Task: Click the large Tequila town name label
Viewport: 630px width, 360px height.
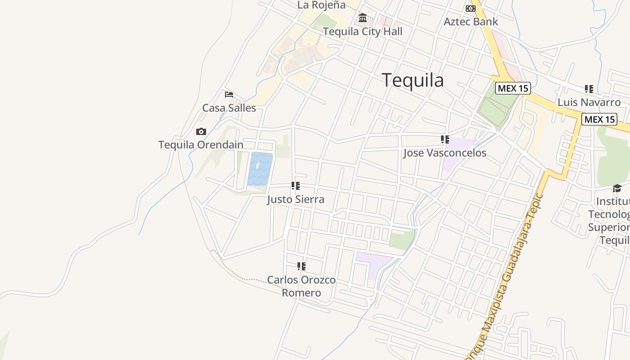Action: (x=413, y=80)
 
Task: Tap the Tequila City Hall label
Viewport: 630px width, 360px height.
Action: (x=363, y=31)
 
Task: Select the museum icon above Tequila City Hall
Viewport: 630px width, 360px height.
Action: (x=363, y=18)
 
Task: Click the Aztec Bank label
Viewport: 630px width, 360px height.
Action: (x=471, y=22)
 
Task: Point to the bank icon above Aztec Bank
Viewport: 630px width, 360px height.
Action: (x=471, y=9)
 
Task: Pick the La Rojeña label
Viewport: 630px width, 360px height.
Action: (x=321, y=5)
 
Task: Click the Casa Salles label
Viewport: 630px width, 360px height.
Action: (x=229, y=108)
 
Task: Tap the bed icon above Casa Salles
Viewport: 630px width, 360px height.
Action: (x=229, y=94)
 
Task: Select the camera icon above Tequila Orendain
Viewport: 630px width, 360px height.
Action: (x=201, y=132)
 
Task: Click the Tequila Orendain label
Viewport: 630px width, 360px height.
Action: (x=201, y=145)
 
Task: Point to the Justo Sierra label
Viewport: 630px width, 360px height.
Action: (x=296, y=199)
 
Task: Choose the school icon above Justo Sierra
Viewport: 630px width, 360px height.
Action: (x=296, y=185)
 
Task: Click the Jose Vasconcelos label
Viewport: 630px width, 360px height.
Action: (x=445, y=153)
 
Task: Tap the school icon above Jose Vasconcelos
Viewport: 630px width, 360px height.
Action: (x=445, y=139)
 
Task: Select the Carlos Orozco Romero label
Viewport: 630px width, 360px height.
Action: (x=301, y=286)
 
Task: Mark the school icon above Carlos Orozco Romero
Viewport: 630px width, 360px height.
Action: (x=301, y=266)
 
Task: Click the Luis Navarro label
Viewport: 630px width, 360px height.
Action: (x=589, y=102)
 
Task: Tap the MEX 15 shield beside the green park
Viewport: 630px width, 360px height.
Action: (x=513, y=88)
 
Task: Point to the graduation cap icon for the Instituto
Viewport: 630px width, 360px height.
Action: (x=617, y=188)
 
